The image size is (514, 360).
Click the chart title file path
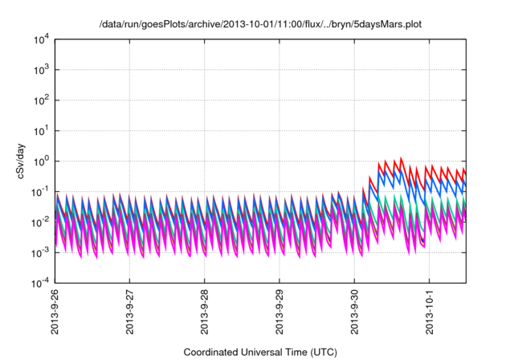[259, 25]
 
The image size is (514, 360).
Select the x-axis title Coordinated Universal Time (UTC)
[259, 352]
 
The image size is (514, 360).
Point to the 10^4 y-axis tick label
[42, 39]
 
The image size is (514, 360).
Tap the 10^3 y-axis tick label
[42, 70]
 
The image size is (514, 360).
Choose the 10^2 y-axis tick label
[42, 100]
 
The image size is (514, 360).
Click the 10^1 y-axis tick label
[42, 130]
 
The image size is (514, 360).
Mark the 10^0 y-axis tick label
[42, 161]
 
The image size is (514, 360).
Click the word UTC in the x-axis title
[321, 352]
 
